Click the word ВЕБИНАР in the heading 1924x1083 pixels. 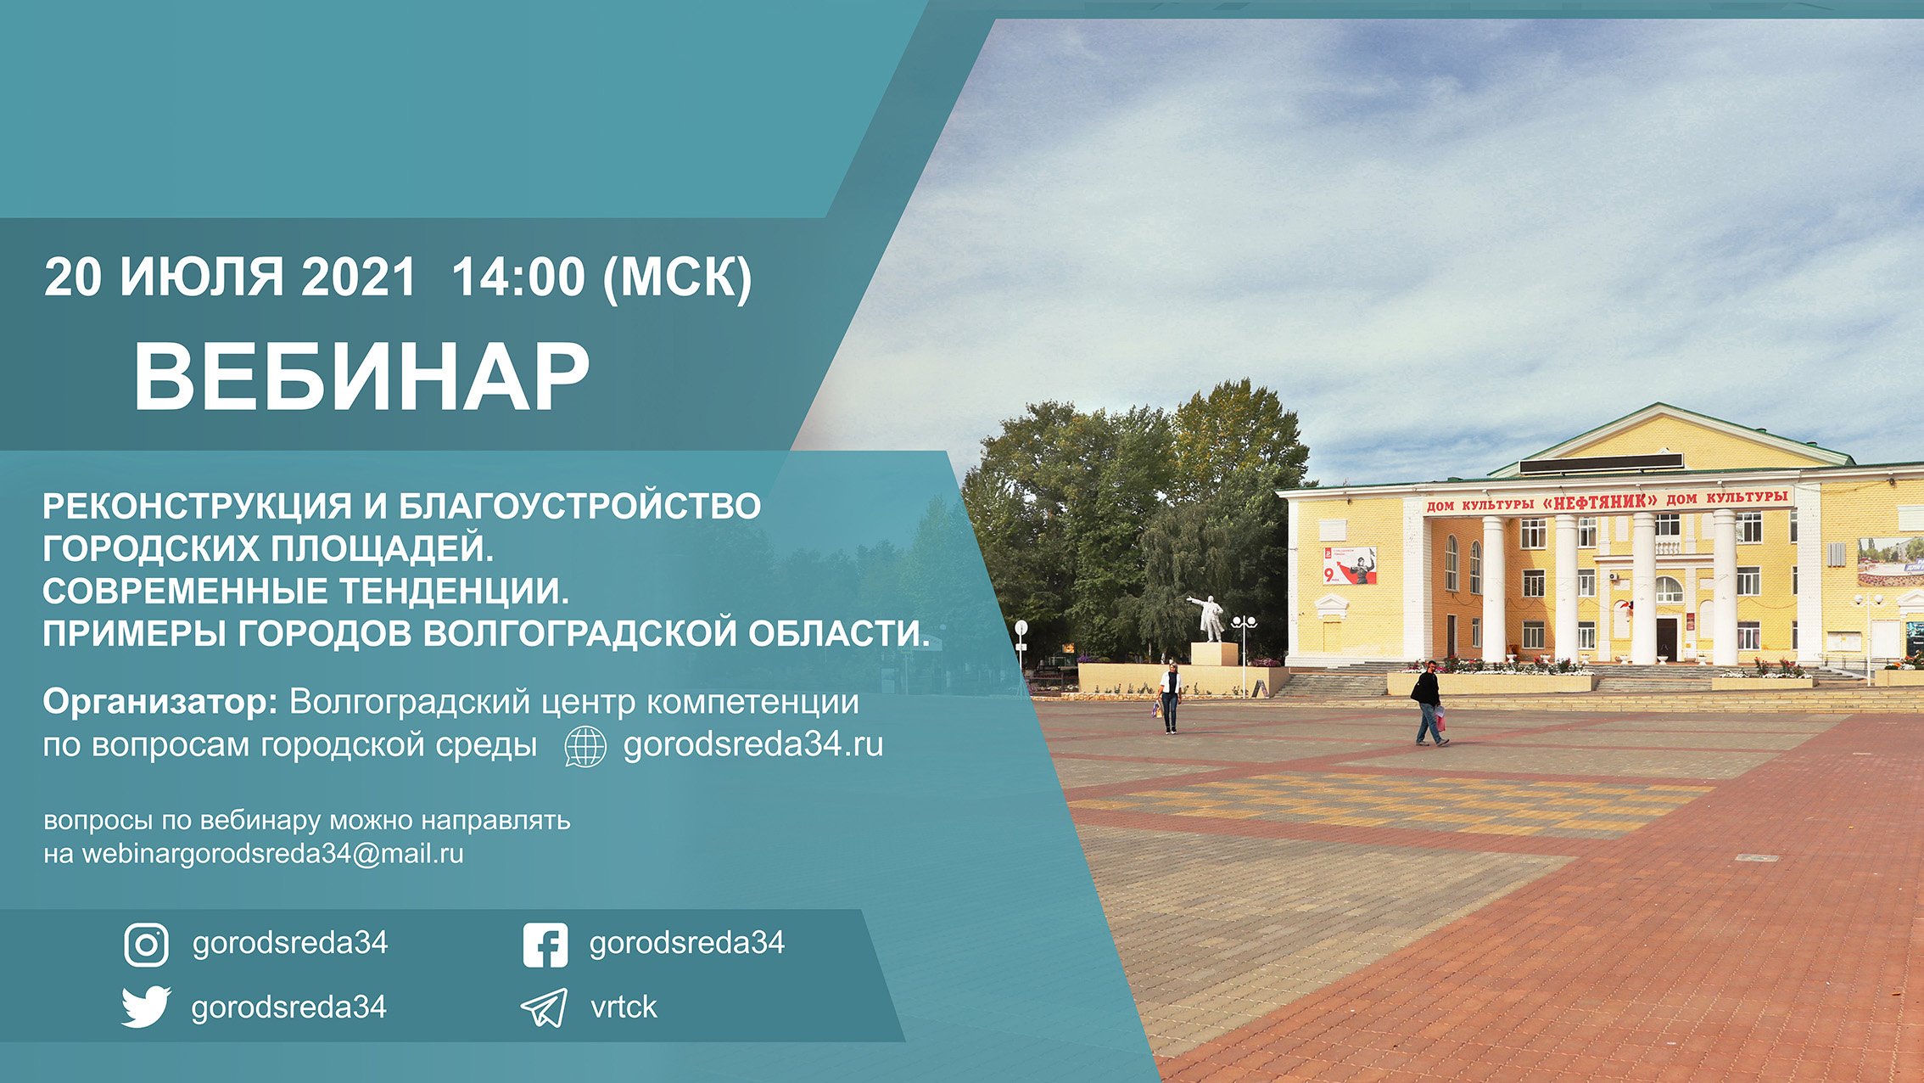(x=361, y=376)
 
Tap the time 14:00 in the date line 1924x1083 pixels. (x=518, y=278)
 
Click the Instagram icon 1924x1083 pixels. (x=146, y=945)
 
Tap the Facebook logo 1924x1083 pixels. (x=545, y=945)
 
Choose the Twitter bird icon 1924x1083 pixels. (x=146, y=1007)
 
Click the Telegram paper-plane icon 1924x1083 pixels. (x=544, y=1007)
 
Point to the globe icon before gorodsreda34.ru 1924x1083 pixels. (x=585, y=747)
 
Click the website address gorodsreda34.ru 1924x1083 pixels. (x=753, y=745)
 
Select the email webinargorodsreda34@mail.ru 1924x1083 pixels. (x=272, y=854)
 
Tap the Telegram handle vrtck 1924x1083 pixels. (x=624, y=1007)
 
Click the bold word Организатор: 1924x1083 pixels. (x=160, y=703)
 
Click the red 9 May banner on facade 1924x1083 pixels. (x=1349, y=566)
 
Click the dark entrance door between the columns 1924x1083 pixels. (x=1665, y=637)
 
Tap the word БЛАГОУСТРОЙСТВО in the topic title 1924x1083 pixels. (x=579, y=507)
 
